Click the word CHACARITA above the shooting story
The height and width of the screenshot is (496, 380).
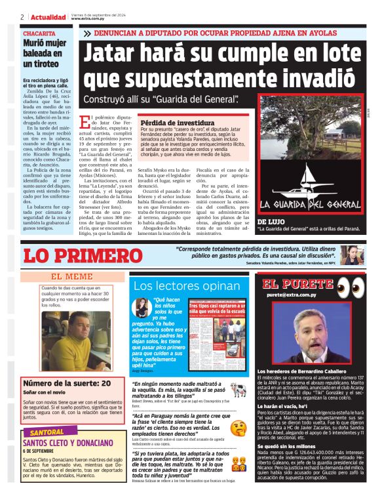tap(39, 33)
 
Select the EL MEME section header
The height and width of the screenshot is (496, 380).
tap(72, 277)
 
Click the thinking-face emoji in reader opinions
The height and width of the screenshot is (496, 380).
tap(238, 428)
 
